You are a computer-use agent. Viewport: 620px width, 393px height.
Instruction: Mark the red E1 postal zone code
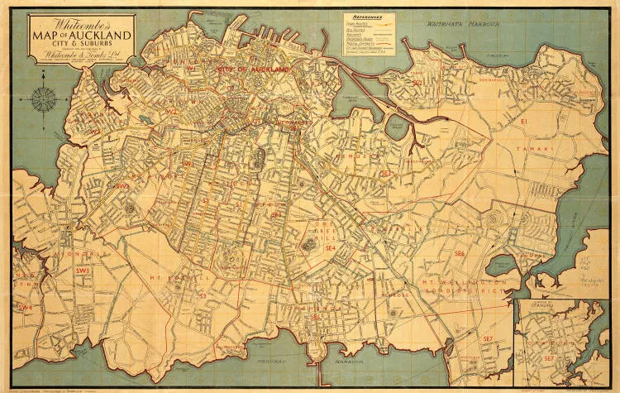tap(523, 122)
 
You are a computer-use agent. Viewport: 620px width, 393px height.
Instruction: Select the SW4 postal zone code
tap(26, 308)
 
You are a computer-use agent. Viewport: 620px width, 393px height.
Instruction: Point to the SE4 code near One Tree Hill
tap(329, 247)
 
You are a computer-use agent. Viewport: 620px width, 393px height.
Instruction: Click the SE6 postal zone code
tap(459, 252)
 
